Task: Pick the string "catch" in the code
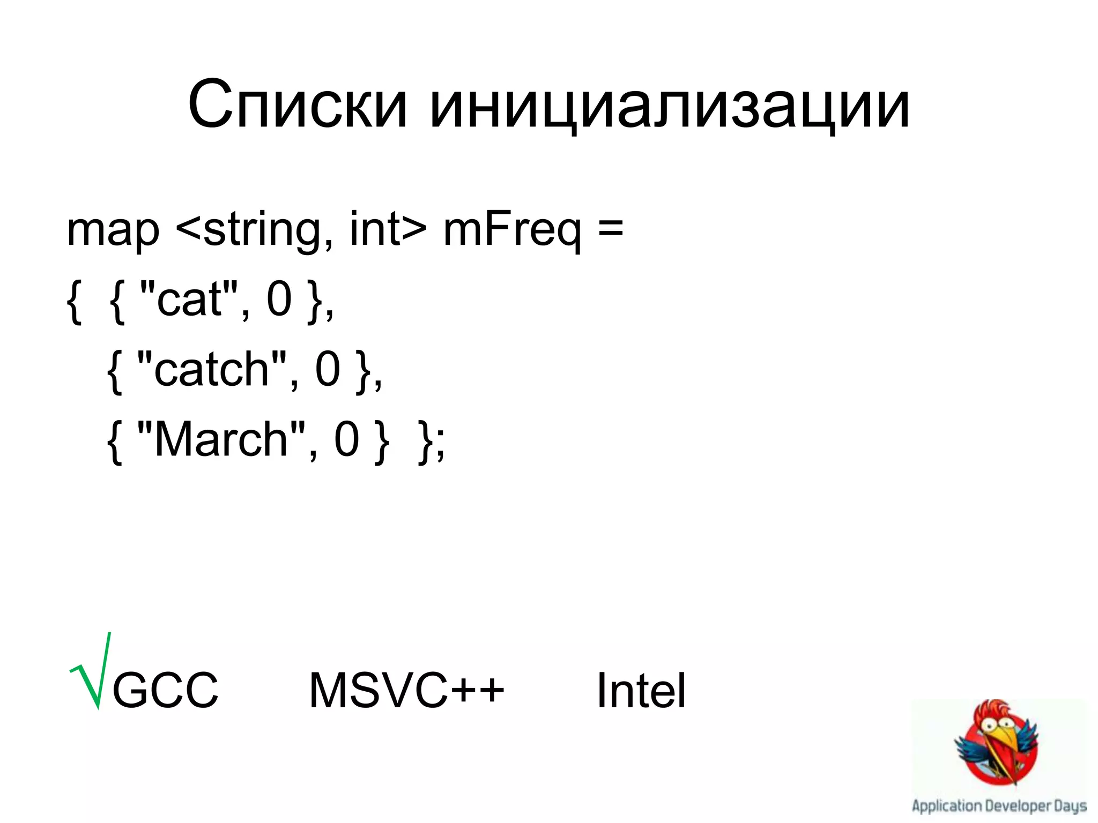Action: (211, 369)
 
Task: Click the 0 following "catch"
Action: (328, 369)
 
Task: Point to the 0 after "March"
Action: (346, 439)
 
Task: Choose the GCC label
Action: (165, 691)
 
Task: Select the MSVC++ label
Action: (406, 691)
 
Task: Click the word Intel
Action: (641, 691)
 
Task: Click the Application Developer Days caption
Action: (999, 806)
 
